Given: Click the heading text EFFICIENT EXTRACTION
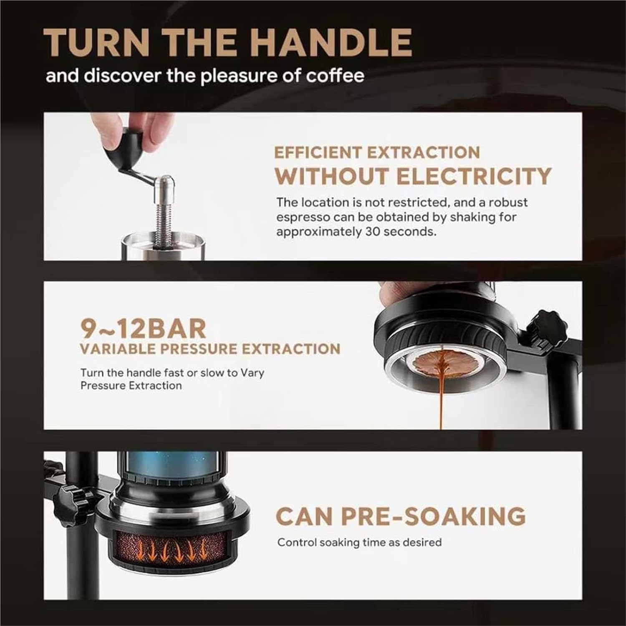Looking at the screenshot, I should tap(377, 152).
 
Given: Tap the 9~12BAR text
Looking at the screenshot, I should tap(143, 329).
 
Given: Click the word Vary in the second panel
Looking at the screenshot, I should tap(252, 373).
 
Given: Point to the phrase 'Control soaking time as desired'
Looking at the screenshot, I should tap(359, 543).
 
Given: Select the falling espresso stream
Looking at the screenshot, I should tap(439, 401).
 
